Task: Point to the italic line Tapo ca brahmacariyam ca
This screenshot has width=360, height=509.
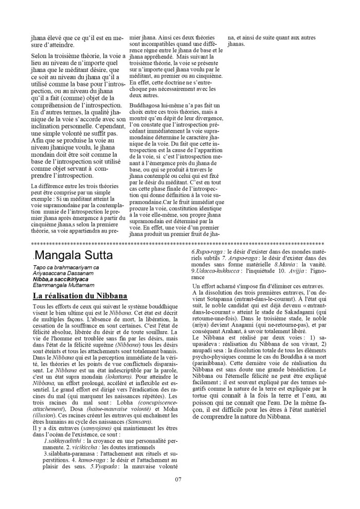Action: pyautogui.click(x=65, y=268)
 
